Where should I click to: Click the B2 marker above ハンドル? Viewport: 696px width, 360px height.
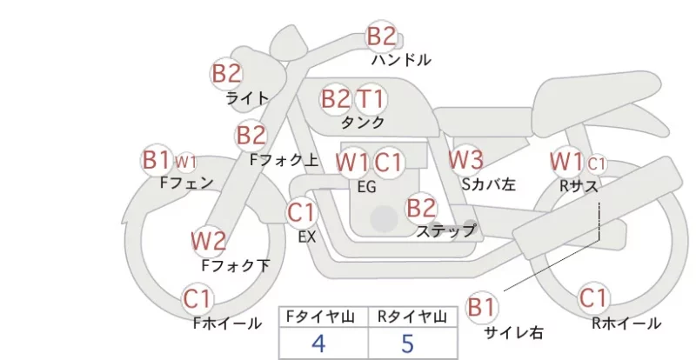point(381,36)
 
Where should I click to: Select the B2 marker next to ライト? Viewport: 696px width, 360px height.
point(226,73)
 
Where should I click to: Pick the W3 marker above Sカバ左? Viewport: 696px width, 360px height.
point(465,159)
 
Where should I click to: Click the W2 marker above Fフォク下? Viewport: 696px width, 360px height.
point(209,241)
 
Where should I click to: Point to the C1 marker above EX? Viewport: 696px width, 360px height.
point(301,212)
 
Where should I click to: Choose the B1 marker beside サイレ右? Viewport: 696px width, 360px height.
point(482,307)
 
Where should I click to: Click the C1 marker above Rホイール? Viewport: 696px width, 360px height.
point(593,298)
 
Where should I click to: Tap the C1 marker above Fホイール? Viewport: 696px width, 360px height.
point(197,299)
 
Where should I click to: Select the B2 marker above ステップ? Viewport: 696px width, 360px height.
point(421,208)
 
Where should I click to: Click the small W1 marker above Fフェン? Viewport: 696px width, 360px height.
point(185,163)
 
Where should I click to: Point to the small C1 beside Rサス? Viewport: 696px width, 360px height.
point(596,164)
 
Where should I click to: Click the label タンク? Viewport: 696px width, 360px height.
point(363,123)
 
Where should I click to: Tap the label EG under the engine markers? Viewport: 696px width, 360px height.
point(366,187)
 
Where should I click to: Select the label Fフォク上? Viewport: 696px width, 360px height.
point(284,160)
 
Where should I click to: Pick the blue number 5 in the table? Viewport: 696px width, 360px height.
point(407,343)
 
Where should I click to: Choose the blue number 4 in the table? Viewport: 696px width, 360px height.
point(318,343)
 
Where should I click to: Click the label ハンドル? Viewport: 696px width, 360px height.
point(401,59)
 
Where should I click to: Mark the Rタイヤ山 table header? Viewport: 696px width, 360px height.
point(412,317)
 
